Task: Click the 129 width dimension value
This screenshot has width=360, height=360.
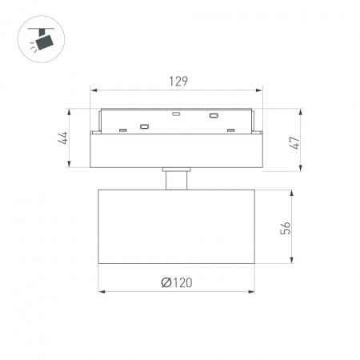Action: pyautogui.click(x=178, y=82)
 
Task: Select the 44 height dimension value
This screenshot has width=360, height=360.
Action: pyautogui.click(x=63, y=138)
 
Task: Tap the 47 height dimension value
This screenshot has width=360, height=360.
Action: pyautogui.click(x=294, y=142)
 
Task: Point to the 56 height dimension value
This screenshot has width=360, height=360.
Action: pyautogui.click(x=286, y=228)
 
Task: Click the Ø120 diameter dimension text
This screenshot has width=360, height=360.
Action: pyautogui.click(x=177, y=282)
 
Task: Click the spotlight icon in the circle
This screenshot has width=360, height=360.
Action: pyautogui.click(x=42, y=39)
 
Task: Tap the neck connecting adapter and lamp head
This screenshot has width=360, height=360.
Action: pyautogui.click(x=176, y=181)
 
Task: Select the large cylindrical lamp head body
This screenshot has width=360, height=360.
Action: pyautogui.click(x=177, y=226)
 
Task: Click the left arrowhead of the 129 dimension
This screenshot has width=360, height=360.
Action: pyautogui.click(x=94, y=90)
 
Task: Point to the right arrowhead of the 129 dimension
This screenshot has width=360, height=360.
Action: pyautogui.click(x=259, y=90)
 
